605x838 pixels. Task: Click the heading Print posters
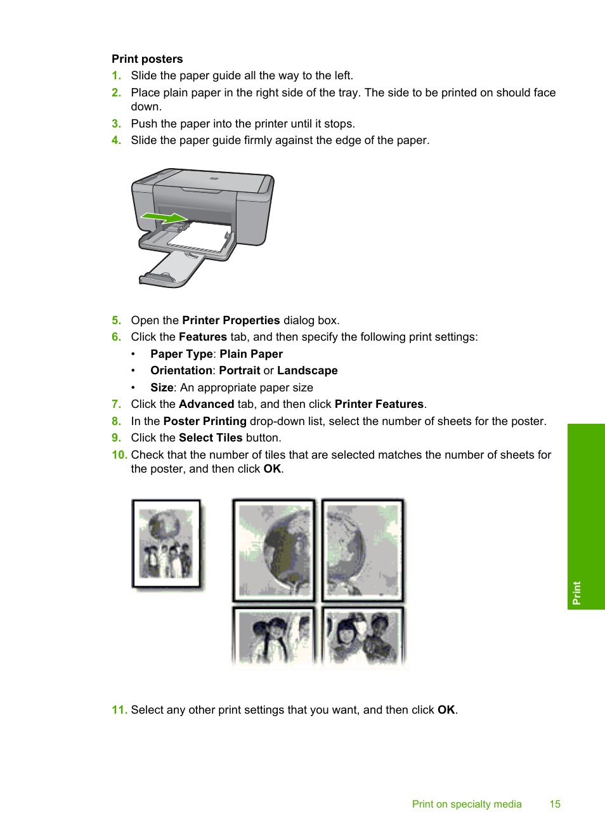(x=147, y=59)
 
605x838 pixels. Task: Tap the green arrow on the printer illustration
(x=164, y=218)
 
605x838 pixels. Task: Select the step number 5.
(x=116, y=320)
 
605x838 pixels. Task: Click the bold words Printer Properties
(x=231, y=320)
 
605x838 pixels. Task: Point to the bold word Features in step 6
(x=202, y=337)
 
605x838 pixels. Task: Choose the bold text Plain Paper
(x=251, y=354)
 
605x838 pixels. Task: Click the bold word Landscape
(x=307, y=370)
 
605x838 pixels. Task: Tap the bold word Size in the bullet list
(x=162, y=388)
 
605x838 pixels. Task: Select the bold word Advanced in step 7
(x=206, y=404)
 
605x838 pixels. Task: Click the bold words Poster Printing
(x=205, y=421)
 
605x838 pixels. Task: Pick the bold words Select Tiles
(x=211, y=438)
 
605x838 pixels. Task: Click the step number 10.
(x=119, y=455)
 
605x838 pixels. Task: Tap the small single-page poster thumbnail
(x=166, y=544)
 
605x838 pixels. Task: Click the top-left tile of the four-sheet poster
(x=274, y=549)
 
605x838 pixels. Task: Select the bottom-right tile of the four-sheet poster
(x=363, y=635)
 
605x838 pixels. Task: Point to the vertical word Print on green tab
(x=576, y=592)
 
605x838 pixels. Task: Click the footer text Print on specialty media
(x=467, y=804)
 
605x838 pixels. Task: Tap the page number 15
(x=555, y=804)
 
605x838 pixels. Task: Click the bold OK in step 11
(x=446, y=710)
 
